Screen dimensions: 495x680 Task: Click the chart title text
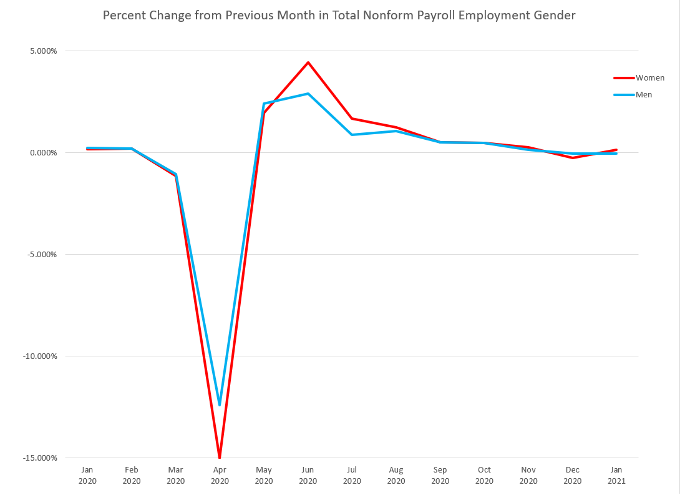tap(339, 15)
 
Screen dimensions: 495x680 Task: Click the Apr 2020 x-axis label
tap(220, 476)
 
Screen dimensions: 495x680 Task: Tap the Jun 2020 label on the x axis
tap(308, 476)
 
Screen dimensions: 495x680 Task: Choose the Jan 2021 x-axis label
tap(616, 476)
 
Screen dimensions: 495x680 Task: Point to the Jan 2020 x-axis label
tap(87, 476)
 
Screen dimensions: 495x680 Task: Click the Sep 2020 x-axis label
tap(440, 476)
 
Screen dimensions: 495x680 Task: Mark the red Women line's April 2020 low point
tap(220, 457)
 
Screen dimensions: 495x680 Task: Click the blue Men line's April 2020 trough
tap(220, 404)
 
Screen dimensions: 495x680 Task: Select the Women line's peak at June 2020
tap(308, 62)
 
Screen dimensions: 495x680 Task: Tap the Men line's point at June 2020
tap(308, 94)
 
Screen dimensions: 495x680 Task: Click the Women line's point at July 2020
tap(352, 119)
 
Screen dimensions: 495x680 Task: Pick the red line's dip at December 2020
tap(572, 158)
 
